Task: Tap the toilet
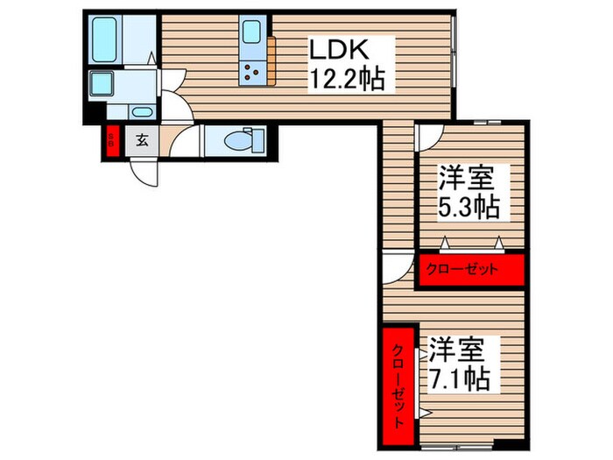[238, 140]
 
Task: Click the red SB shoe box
[112, 141]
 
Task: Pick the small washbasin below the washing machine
[141, 111]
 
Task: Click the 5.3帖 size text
[469, 209]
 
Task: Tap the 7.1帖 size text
[458, 379]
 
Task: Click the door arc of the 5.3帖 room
[430, 137]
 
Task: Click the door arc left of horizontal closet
[398, 268]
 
